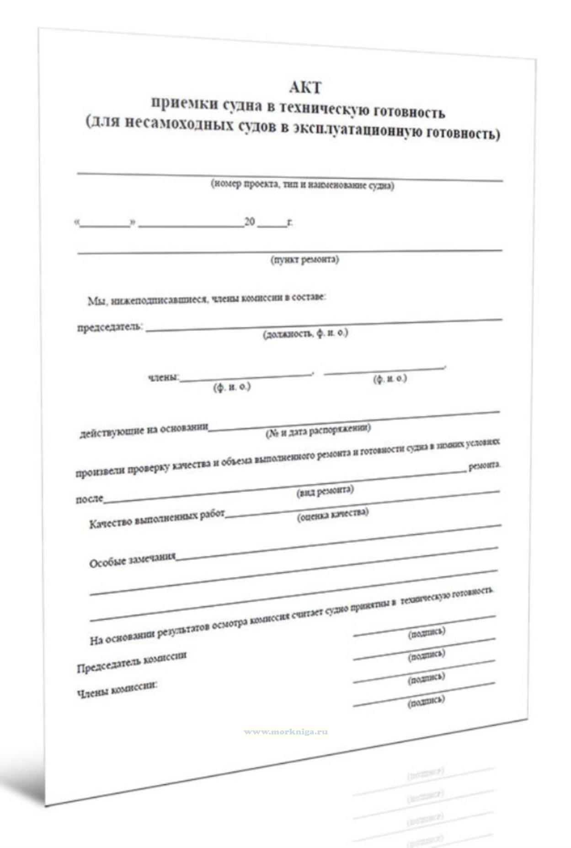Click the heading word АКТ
click(x=305, y=87)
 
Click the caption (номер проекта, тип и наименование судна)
click(x=302, y=185)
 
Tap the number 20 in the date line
click(x=250, y=222)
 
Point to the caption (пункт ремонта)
click(x=305, y=259)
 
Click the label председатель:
click(x=110, y=327)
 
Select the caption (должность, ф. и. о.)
click(x=305, y=334)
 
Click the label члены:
click(x=163, y=378)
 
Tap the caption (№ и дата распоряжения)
click(x=318, y=430)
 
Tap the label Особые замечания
click(x=133, y=560)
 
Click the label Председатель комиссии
click(x=132, y=661)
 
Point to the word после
click(x=90, y=499)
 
